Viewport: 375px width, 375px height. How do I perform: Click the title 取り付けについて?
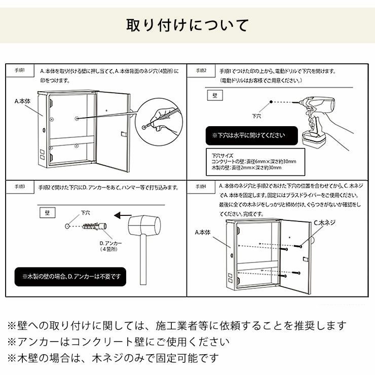(187, 25)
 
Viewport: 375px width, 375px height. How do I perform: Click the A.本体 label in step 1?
(22, 102)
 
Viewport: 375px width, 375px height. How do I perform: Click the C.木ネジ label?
(324, 222)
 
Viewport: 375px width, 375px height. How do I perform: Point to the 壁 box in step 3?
(46, 209)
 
